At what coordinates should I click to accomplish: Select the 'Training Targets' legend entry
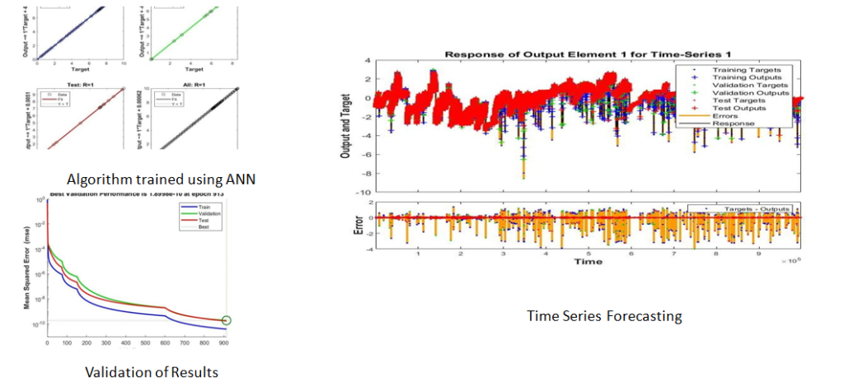(746, 70)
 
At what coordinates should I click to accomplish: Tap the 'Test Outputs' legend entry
(739, 108)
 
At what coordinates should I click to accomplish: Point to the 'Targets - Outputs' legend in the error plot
(752, 209)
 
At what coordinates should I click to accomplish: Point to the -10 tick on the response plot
(363, 192)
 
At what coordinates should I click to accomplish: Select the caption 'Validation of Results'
(152, 372)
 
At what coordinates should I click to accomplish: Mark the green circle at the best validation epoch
(227, 321)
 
